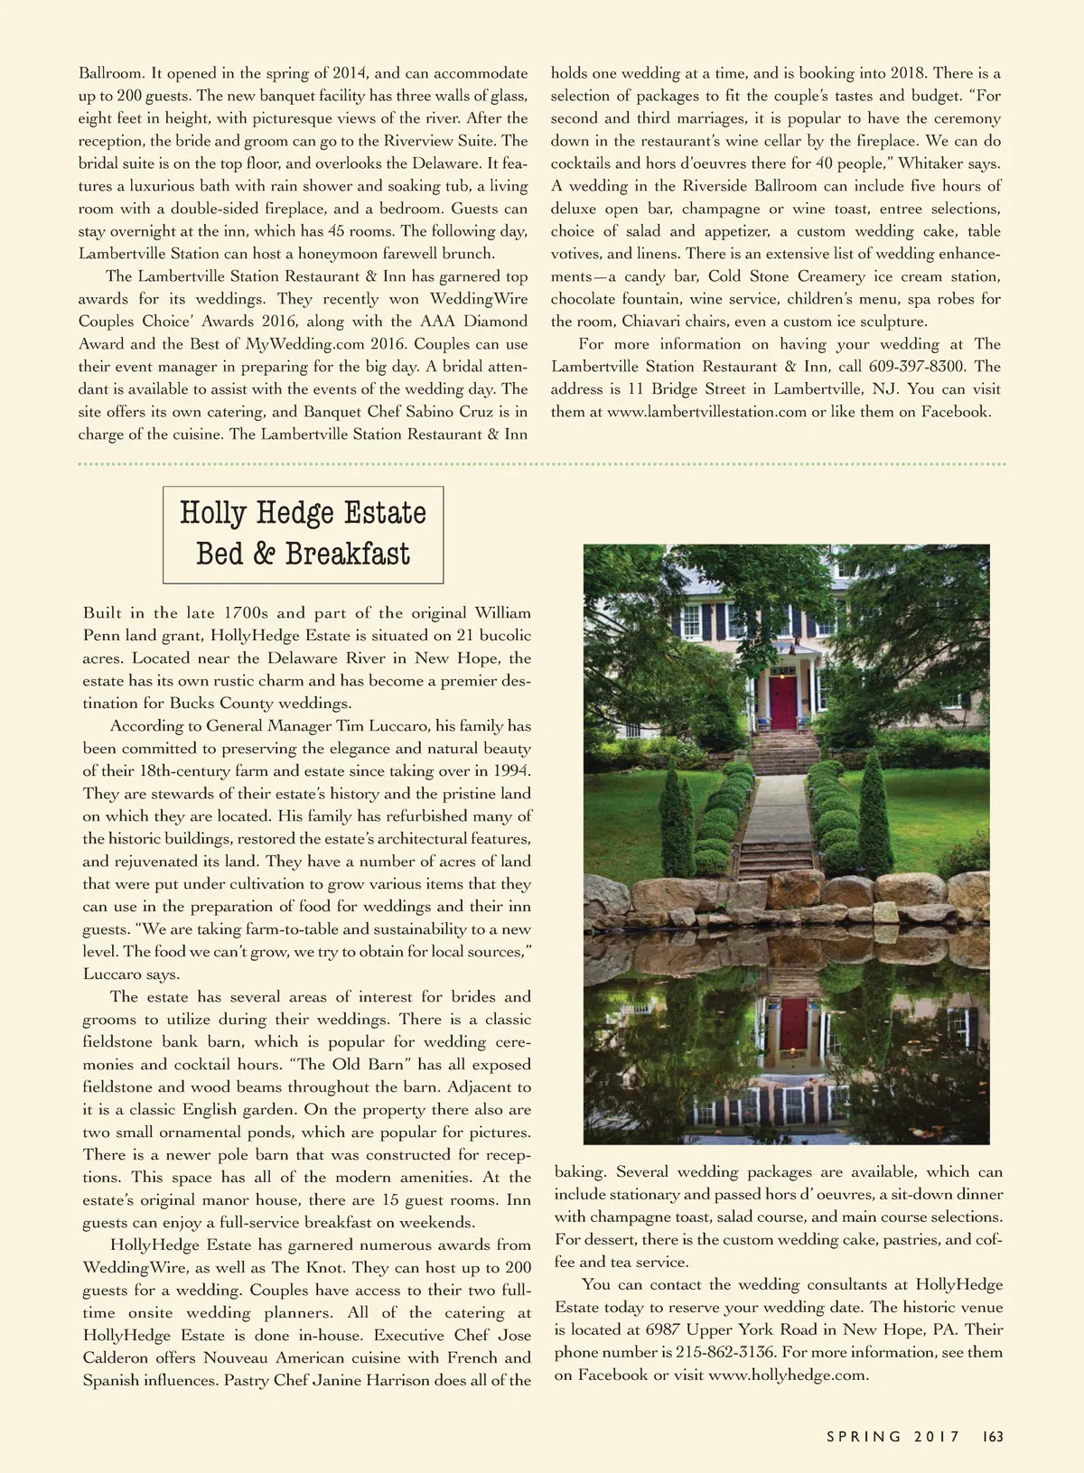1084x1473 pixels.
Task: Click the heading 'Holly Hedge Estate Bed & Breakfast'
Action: click(303, 534)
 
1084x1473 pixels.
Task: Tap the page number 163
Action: click(993, 1437)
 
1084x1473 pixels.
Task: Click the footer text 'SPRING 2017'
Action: click(892, 1437)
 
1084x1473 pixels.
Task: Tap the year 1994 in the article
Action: click(511, 771)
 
